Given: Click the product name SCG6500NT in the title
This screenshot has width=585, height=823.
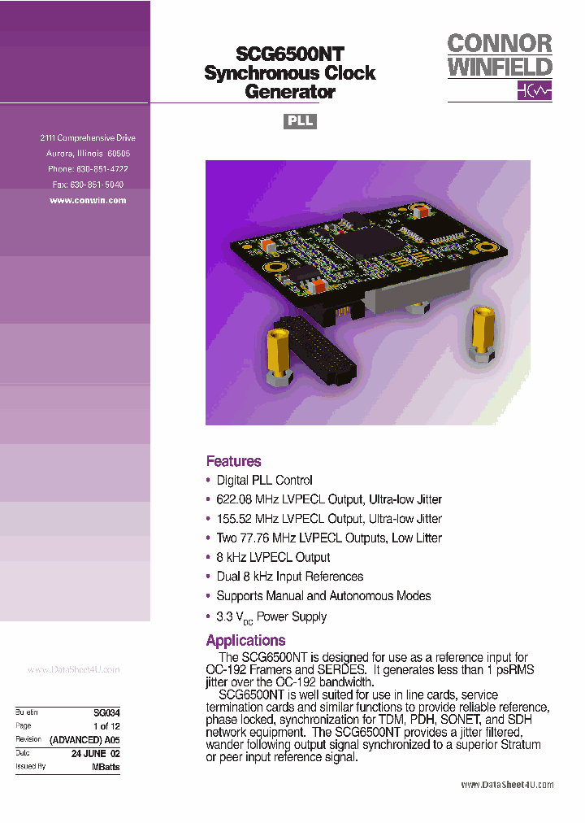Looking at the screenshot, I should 290,54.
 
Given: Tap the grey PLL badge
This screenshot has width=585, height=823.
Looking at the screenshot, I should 299,121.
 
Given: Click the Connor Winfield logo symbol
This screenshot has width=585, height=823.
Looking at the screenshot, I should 535,90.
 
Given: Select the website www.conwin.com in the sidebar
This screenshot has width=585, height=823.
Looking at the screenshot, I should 88,200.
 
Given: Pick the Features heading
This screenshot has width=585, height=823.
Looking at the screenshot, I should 233,461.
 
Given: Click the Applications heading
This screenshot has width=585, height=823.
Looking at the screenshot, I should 245,640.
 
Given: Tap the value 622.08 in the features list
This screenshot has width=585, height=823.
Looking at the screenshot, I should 234,499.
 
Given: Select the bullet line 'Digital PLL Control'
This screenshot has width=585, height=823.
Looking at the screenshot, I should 264,481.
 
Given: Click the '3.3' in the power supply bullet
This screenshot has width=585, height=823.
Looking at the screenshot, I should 225,616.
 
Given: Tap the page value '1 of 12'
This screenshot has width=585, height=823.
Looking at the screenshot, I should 106,725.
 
